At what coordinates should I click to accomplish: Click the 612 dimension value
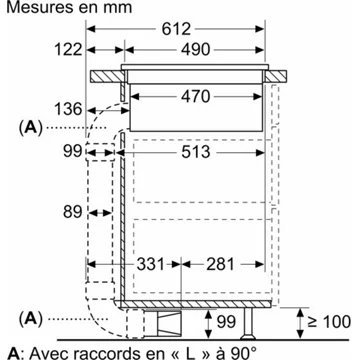176,29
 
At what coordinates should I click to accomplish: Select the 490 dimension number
196,50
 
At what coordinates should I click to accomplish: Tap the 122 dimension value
68,50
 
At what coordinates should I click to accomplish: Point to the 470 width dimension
196,97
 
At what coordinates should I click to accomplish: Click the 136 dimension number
68,109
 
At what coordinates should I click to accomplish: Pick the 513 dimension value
196,152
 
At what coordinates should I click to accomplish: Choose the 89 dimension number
72,212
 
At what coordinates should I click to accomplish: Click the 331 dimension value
151,264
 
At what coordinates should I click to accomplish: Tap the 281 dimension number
220,264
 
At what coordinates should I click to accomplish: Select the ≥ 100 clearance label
329,322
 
